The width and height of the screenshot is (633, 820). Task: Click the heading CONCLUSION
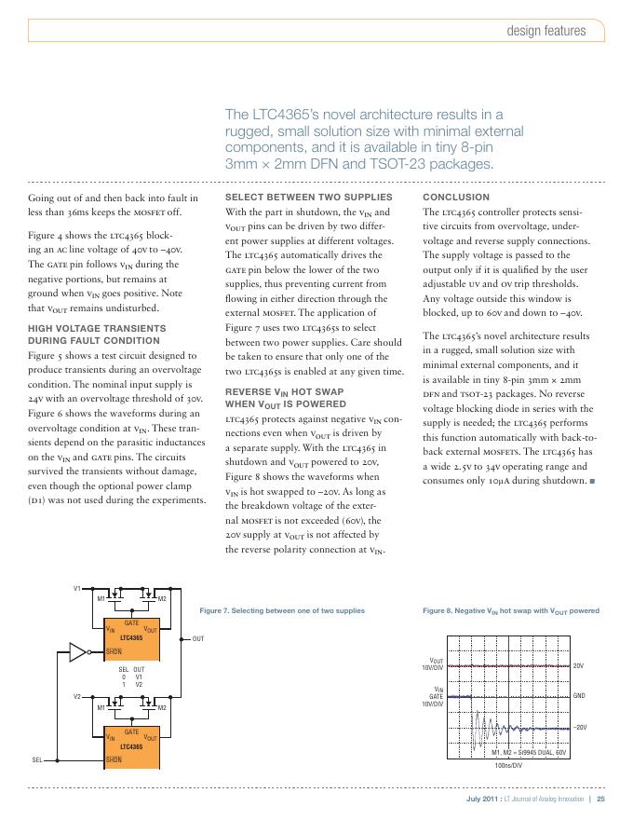point(456,198)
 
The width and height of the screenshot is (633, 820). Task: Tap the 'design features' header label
point(546,31)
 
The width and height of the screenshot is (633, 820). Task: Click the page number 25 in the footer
point(601,799)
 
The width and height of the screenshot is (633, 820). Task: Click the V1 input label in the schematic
point(78,588)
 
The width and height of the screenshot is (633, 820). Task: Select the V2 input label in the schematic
point(78,696)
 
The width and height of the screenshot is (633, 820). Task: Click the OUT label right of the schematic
point(197,639)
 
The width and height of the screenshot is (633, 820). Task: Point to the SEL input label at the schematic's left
point(37,760)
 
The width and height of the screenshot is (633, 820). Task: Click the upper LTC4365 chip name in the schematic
point(131,637)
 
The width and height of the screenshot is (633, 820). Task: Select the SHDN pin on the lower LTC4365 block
point(114,760)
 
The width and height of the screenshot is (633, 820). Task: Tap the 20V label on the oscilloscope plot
point(578,666)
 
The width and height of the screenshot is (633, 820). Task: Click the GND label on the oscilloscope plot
point(578,696)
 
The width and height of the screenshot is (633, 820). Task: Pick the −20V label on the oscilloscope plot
point(579,727)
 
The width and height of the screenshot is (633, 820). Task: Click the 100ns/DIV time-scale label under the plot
point(508,765)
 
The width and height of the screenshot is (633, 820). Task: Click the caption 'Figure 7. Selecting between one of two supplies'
point(282,610)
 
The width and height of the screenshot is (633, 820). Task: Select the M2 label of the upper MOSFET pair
point(162,598)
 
